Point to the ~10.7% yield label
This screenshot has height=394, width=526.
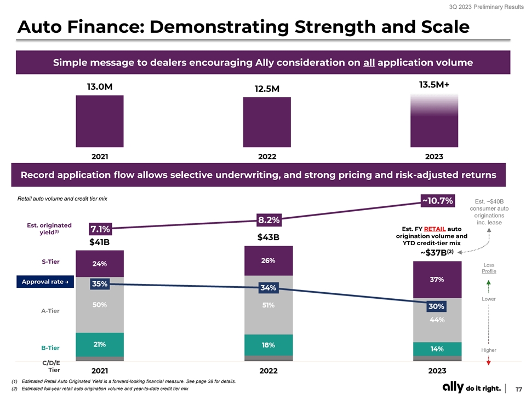coord(437,201)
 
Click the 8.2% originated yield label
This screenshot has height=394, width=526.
coord(269,220)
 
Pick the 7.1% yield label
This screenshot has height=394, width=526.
coord(101,229)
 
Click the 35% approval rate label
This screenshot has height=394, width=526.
coord(100,283)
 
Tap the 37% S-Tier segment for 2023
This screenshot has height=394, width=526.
coord(437,280)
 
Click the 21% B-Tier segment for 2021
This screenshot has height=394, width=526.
coord(100,345)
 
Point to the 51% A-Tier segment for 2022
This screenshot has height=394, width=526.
coord(268,305)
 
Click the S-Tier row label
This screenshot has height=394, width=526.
coord(50,262)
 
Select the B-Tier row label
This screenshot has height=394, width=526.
coord(50,348)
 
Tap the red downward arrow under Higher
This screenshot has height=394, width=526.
coord(488,362)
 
